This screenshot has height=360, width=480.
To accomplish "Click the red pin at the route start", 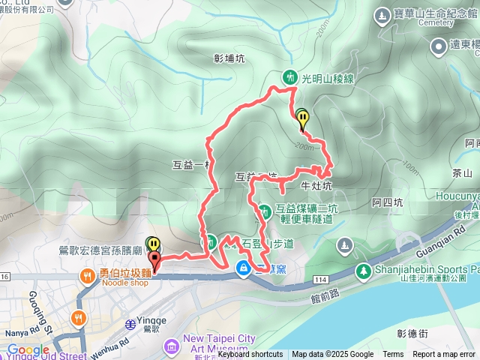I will click(155, 261).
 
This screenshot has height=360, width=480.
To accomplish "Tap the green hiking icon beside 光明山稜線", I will click(290, 77).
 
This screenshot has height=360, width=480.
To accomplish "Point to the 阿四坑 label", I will click(388, 202).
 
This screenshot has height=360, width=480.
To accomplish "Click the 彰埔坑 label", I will click(229, 58).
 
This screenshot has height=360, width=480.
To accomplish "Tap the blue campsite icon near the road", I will click(244, 268).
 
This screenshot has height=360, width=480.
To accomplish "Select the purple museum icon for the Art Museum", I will click(171, 345).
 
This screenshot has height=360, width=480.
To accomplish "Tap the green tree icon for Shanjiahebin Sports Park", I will click(363, 270).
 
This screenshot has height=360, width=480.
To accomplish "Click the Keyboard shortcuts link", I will click(250, 355).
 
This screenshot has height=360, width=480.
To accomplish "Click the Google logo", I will click(28, 349).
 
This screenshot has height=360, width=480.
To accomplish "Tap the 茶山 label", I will click(463, 172).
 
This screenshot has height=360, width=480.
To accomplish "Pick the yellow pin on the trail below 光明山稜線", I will click(301, 118).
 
